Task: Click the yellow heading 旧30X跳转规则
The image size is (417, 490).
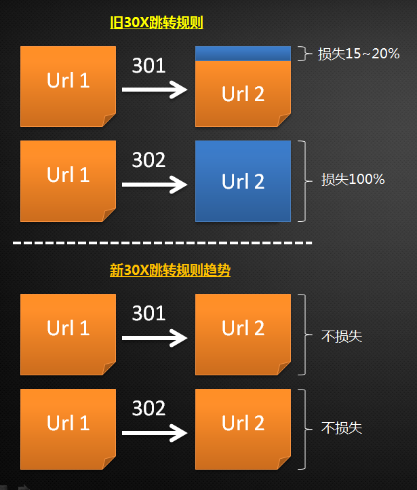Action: point(157,22)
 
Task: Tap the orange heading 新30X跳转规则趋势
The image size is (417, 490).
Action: point(170,270)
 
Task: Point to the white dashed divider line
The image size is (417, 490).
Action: point(163,242)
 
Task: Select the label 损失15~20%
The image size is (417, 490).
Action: point(358,54)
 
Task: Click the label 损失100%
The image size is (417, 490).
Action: point(353,180)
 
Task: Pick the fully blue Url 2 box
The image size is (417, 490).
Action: point(243,181)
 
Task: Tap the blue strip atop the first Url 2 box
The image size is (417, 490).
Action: point(243,53)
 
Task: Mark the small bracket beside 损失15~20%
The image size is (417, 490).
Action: point(302,54)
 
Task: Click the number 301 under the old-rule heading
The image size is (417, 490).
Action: point(148,66)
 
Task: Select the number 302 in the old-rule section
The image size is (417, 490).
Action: point(148,160)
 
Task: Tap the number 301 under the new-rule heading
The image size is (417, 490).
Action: point(148,314)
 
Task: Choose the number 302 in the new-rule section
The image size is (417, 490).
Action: point(148,408)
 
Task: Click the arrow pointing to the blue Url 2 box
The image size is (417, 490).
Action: point(154,184)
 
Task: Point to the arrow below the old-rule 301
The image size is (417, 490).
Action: point(154,90)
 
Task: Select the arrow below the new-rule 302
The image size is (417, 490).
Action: point(154,432)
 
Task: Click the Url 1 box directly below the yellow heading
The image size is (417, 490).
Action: point(68,86)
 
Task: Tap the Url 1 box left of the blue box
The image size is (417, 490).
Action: point(68,181)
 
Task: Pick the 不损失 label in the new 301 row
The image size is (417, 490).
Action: point(342,335)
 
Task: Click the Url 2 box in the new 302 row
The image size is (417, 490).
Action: point(243,429)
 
